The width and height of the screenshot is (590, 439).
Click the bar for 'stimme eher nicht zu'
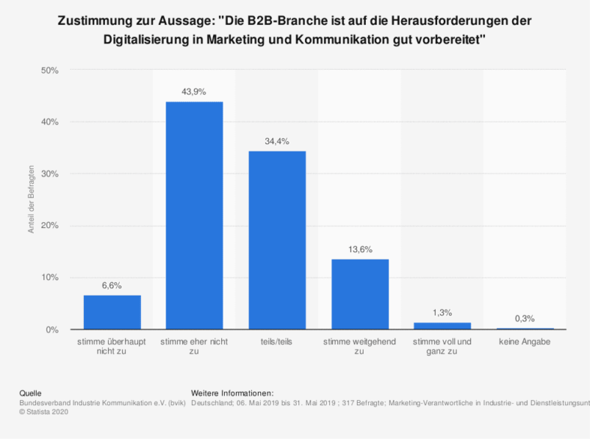[x=194, y=215]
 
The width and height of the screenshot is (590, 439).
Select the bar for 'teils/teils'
[x=277, y=240]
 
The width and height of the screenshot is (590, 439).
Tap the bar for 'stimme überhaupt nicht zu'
[x=112, y=312]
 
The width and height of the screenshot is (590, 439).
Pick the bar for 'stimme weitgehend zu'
[x=360, y=294]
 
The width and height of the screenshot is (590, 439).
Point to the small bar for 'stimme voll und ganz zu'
[x=442, y=326]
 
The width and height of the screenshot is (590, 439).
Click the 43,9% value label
[x=194, y=92]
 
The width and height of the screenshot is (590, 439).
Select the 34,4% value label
[x=277, y=141]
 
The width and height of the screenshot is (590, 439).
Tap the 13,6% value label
[x=360, y=249]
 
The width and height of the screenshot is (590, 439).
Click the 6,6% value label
[x=112, y=285]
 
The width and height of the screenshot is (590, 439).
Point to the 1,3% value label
[x=442, y=312]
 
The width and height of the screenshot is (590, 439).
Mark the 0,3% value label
[x=525, y=318]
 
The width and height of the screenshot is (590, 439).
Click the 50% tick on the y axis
[x=50, y=71]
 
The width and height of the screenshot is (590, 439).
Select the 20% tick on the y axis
[x=50, y=226]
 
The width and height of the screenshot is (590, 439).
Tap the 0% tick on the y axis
[x=52, y=329]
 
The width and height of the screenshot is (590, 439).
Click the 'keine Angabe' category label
[x=525, y=342]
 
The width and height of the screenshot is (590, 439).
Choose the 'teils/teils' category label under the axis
[x=277, y=342]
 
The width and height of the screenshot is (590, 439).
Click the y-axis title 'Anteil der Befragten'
[x=31, y=200]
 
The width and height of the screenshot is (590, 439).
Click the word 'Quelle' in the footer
[x=30, y=392]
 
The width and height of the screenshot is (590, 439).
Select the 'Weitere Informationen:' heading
[x=232, y=392]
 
